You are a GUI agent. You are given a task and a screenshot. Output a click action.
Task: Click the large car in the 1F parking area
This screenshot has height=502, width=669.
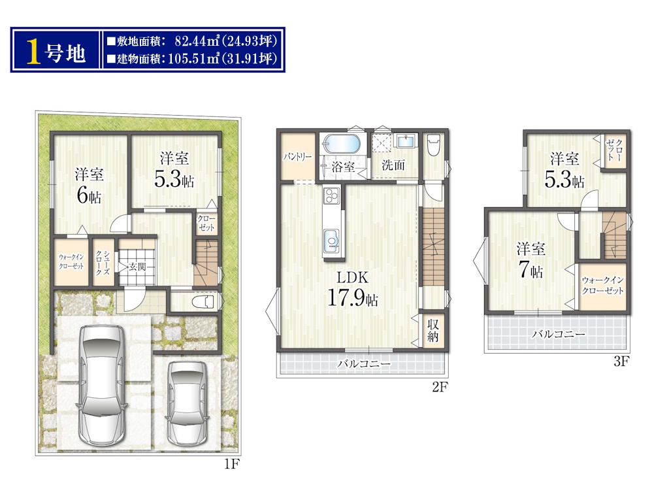point(101,386)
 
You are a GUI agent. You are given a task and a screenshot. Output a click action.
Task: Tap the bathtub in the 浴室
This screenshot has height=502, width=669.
point(341,143)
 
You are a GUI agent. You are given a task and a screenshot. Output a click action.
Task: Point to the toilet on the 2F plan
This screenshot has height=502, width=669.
point(434,144)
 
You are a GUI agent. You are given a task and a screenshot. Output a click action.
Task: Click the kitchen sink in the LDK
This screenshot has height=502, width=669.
point(332,241)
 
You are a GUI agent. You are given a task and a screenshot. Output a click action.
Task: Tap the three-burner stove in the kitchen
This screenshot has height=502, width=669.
point(331,196)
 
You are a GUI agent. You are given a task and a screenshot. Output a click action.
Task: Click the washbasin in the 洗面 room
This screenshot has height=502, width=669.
point(405,141)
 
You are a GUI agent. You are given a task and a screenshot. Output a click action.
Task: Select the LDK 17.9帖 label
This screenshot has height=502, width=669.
point(352,289)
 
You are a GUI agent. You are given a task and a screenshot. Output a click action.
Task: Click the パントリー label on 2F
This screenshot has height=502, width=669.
point(298,157)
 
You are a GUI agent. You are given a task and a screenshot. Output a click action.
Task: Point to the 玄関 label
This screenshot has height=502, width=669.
point(137,267)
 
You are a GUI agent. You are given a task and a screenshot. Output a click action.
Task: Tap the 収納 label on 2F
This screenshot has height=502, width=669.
point(433,330)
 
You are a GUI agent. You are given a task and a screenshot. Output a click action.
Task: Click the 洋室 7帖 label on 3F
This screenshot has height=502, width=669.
point(530,260)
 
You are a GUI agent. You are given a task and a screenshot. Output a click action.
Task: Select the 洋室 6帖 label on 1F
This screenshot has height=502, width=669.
point(89,186)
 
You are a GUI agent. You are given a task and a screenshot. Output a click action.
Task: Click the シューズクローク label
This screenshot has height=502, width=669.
point(103,263)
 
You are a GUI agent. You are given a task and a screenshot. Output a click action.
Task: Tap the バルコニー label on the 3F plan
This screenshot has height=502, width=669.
point(559,334)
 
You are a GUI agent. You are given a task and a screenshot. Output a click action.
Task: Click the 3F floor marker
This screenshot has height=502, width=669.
point(622,361)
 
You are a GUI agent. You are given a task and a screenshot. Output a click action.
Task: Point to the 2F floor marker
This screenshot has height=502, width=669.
point(440,387)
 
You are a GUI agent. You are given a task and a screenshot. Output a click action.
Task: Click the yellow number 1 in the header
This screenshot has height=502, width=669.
point(34,51)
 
